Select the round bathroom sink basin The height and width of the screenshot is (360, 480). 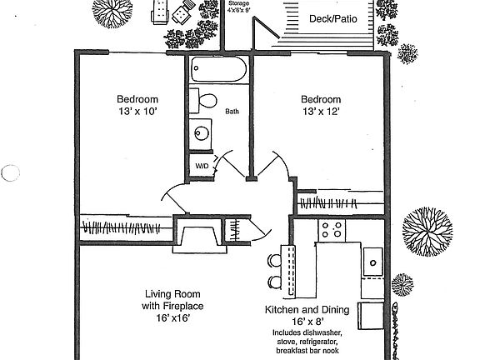(200, 132)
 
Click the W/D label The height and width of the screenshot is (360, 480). (202, 166)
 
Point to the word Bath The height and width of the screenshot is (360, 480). (232, 111)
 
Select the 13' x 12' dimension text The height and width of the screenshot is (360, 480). (321, 111)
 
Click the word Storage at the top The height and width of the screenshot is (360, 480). (238, 4)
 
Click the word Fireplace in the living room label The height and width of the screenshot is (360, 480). (180, 306)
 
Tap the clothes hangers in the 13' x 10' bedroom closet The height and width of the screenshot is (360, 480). (125, 226)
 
